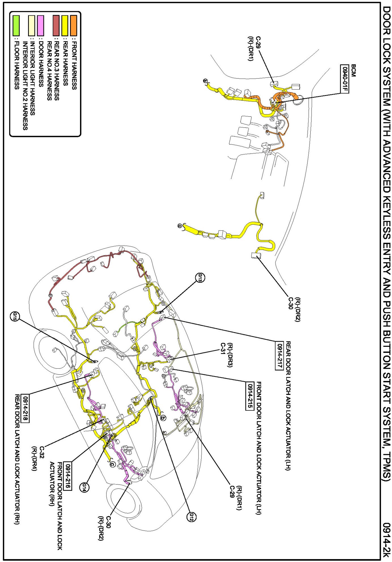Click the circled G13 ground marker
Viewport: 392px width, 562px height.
pos(200,277)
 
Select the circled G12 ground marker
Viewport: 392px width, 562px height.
pos(191,516)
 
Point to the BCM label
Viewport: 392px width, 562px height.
pos(353,70)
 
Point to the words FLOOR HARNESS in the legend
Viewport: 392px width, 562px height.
pos(17,65)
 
